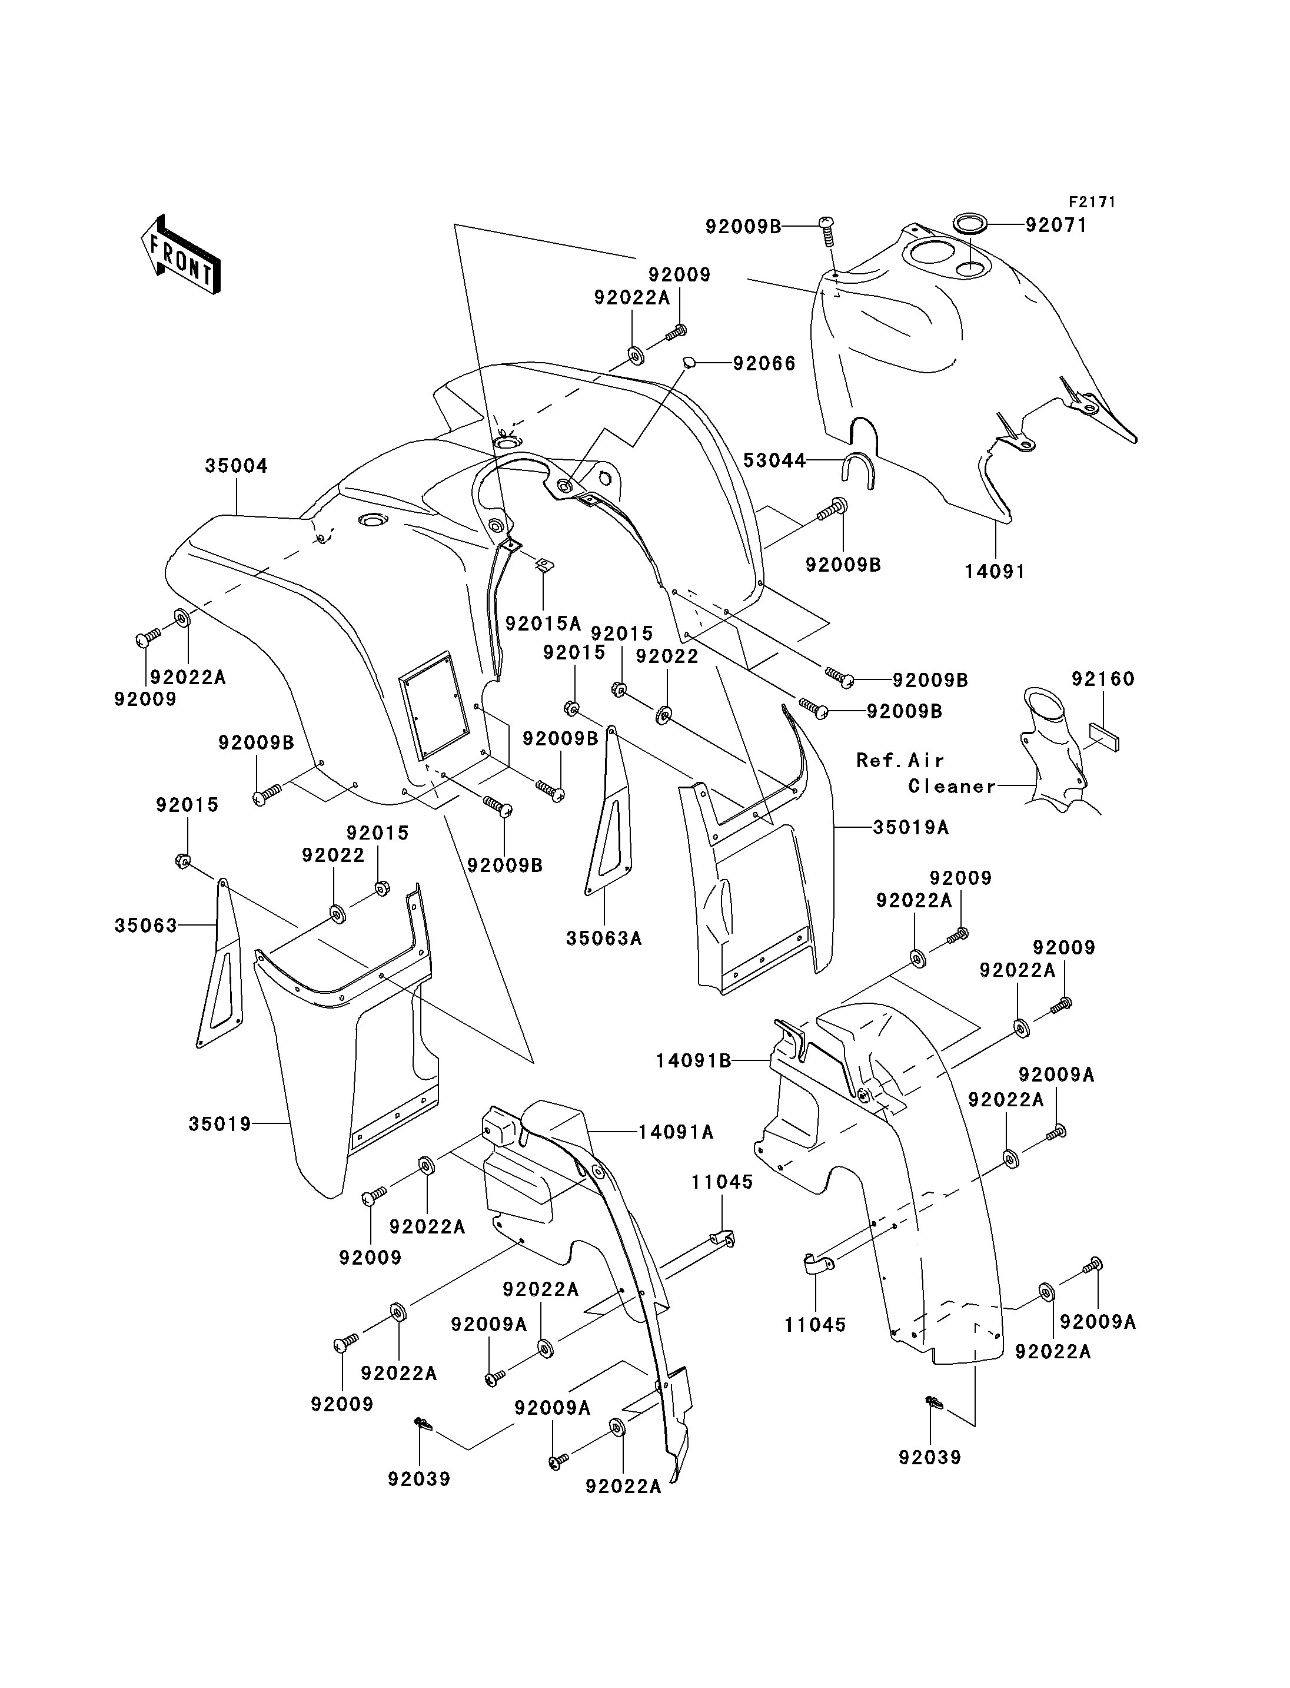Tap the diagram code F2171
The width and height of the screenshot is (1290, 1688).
click(1091, 202)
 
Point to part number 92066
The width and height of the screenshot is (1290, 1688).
click(764, 363)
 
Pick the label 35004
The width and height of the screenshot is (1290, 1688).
click(237, 466)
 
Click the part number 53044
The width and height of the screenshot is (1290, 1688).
click(775, 460)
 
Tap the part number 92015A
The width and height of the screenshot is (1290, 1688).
click(543, 623)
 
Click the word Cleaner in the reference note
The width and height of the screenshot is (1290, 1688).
click(952, 786)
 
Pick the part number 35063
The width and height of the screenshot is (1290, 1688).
click(146, 925)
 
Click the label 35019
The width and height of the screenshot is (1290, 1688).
click(220, 1123)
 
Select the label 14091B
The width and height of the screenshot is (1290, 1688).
click(693, 1060)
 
